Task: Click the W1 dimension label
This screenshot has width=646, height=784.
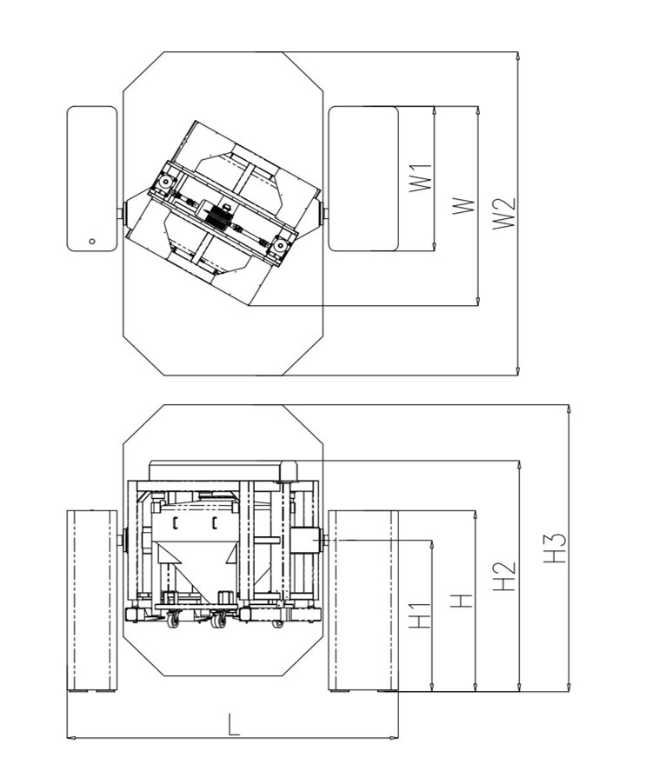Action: click(x=421, y=177)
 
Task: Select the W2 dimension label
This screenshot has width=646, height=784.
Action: click(x=504, y=214)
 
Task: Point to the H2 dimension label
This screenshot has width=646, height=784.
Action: click(x=504, y=576)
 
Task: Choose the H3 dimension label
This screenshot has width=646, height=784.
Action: click(x=555, y=548)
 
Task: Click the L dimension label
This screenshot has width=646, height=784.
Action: click(x=234, y=724)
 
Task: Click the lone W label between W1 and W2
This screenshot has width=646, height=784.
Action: click(x=463, y=206)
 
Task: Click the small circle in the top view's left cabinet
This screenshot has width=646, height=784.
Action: click(x=92, y=241)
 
